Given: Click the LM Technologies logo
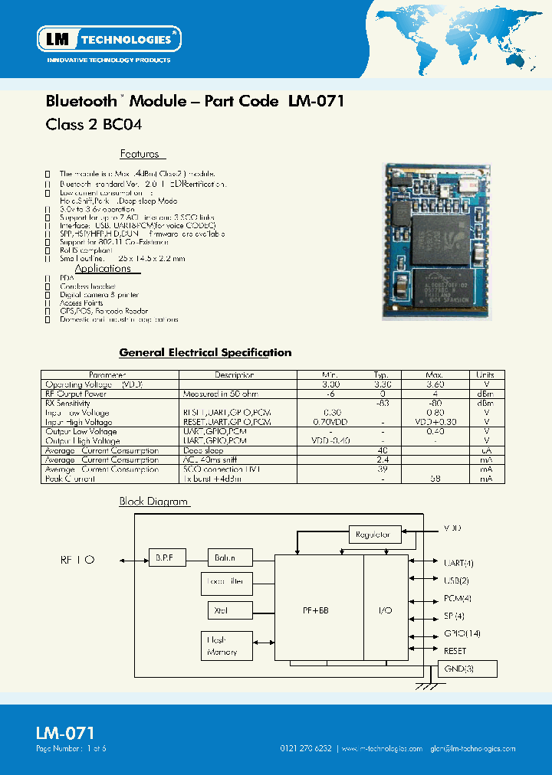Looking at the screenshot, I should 109,38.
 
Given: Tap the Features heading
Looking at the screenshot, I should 139,154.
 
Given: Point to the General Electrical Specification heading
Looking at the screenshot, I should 205,353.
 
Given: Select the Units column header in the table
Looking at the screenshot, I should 485,375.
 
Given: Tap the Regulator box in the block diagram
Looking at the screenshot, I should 374,535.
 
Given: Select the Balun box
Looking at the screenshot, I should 225,558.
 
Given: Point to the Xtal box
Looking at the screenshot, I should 221,610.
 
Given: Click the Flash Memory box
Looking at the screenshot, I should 221,646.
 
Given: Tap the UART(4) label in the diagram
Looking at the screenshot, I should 458,563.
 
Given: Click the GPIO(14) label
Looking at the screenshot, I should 461,633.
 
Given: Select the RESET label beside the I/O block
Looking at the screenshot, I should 455,651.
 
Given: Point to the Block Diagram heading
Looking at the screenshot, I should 153,502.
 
